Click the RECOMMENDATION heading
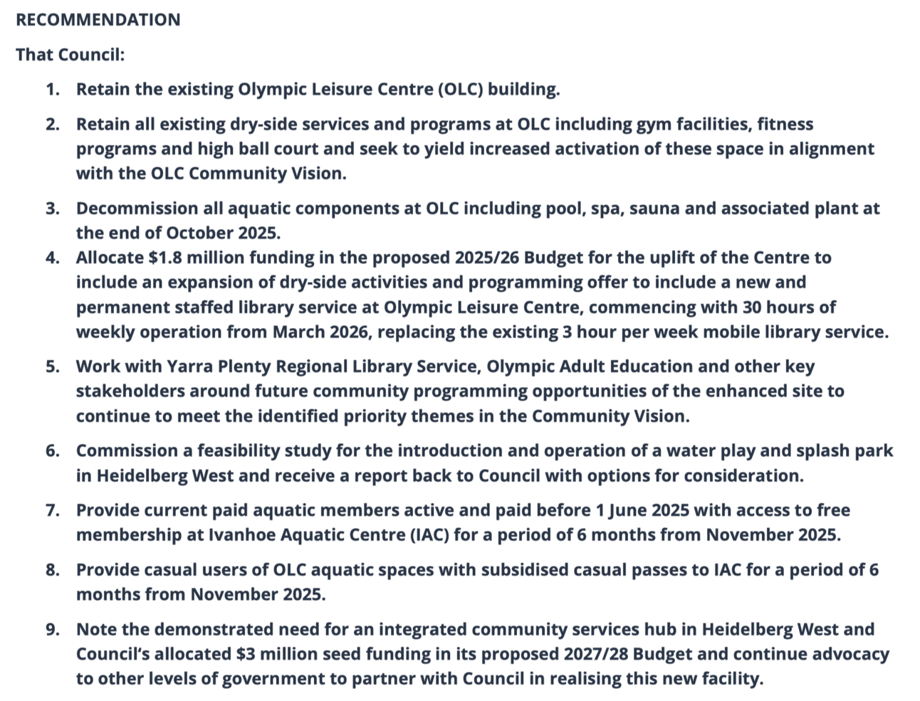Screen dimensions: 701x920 click(98, 20)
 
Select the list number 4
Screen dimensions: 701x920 click(53, 258)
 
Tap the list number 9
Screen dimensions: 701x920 click(53, 630)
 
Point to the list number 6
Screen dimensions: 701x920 click(53, 451)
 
